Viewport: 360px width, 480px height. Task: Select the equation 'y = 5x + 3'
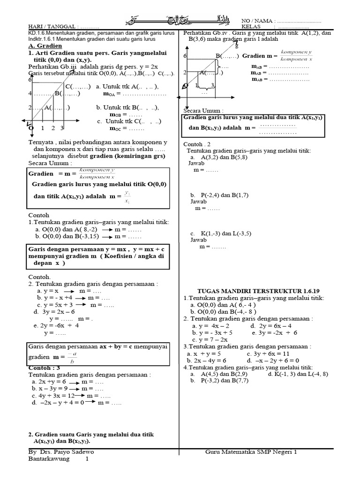tap(57, 304)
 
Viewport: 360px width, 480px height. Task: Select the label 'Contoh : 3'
tap(45, 367)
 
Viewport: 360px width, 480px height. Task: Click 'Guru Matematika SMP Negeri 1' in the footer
tap(251, 452)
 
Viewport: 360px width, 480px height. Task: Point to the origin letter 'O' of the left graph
tap(31, 127)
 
